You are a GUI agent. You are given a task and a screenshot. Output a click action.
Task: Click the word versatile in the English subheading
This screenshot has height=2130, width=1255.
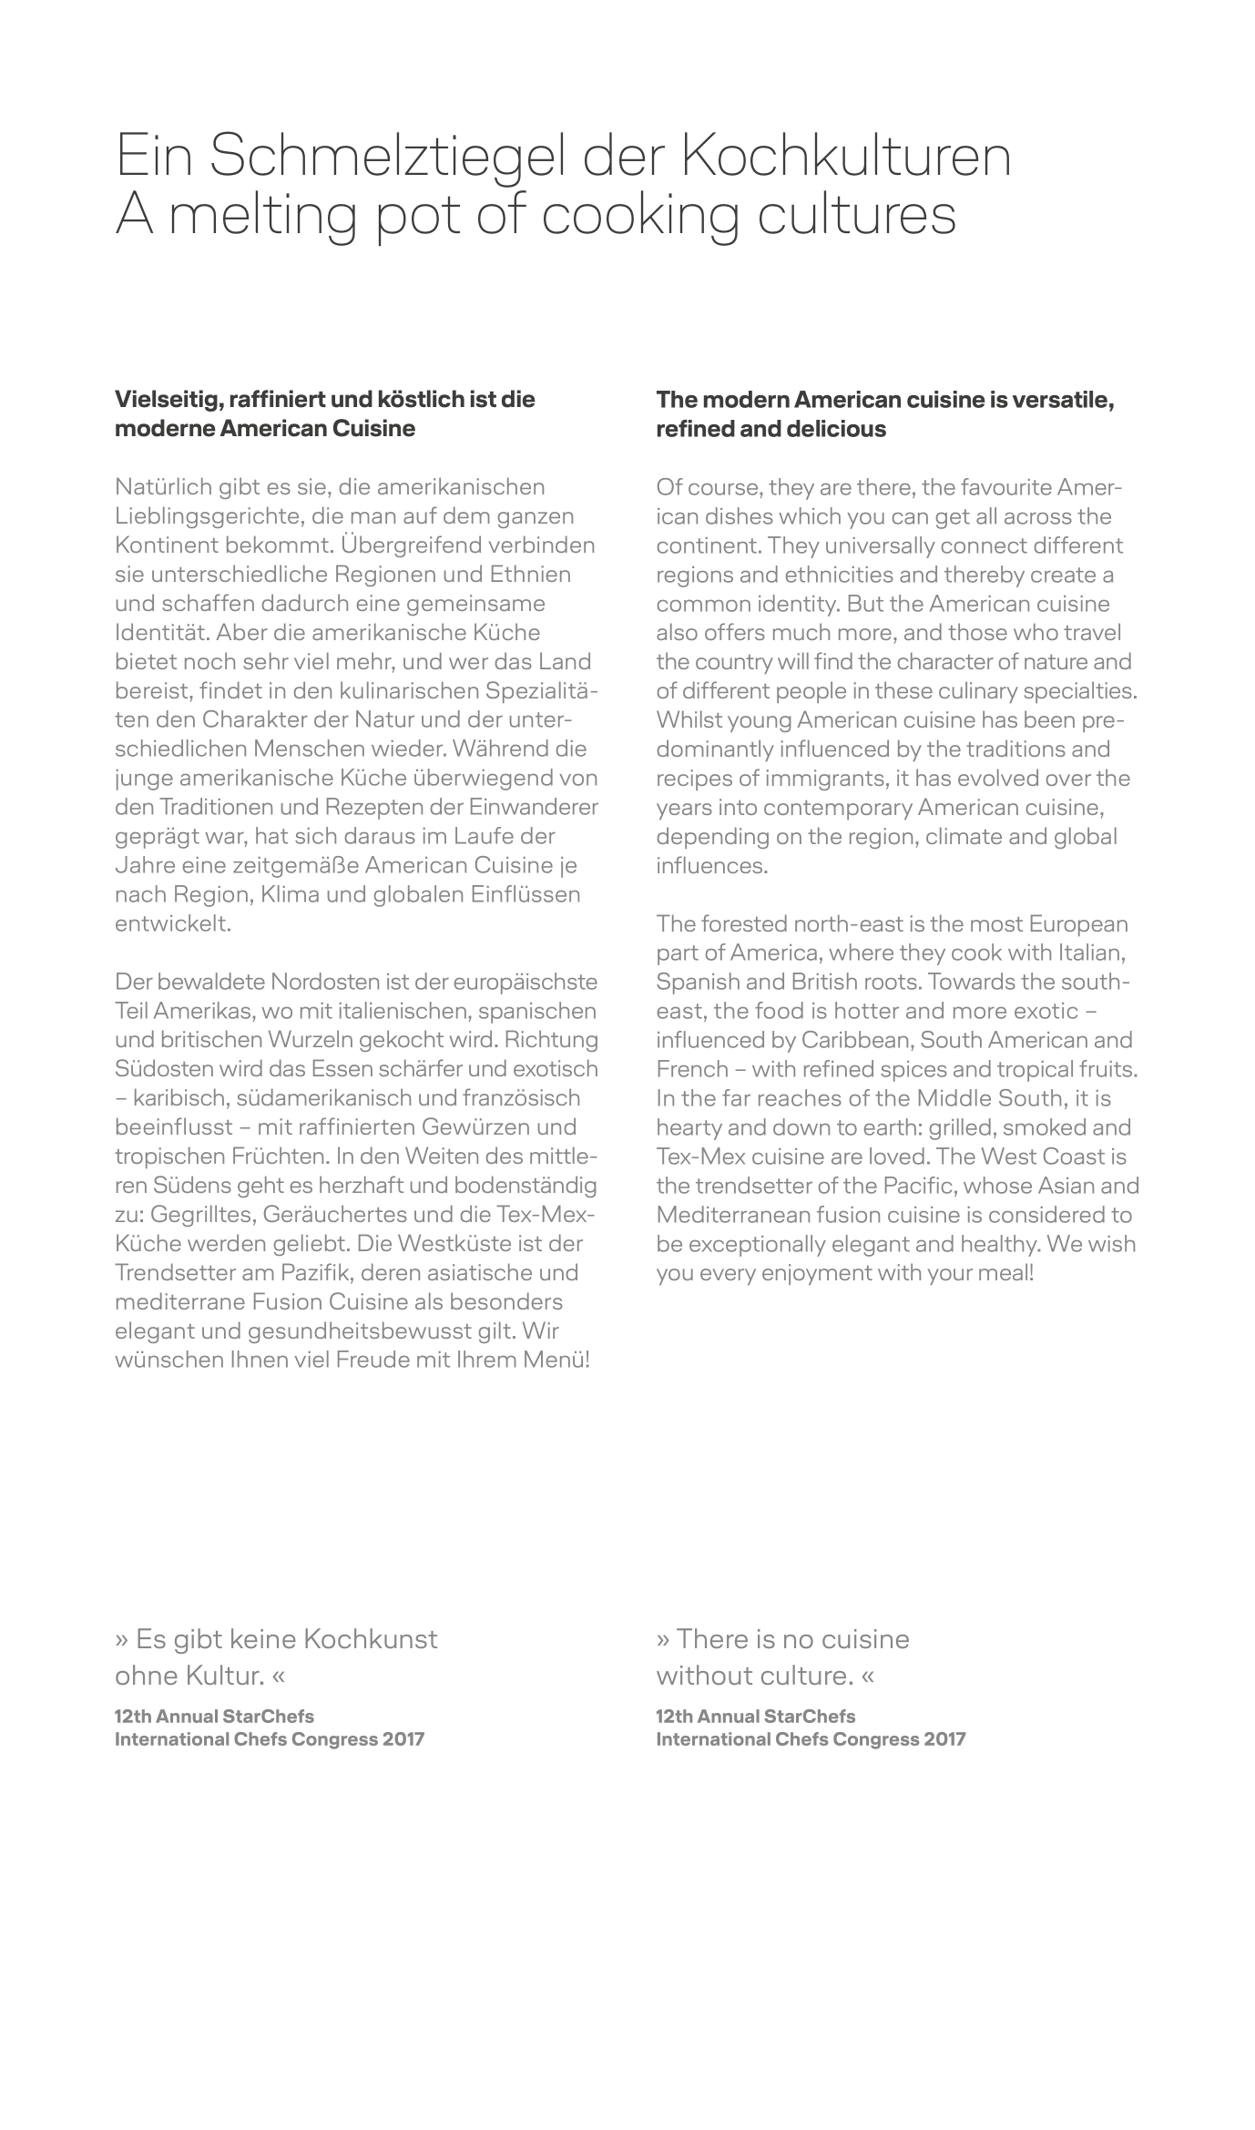[x=1058, y=399]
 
